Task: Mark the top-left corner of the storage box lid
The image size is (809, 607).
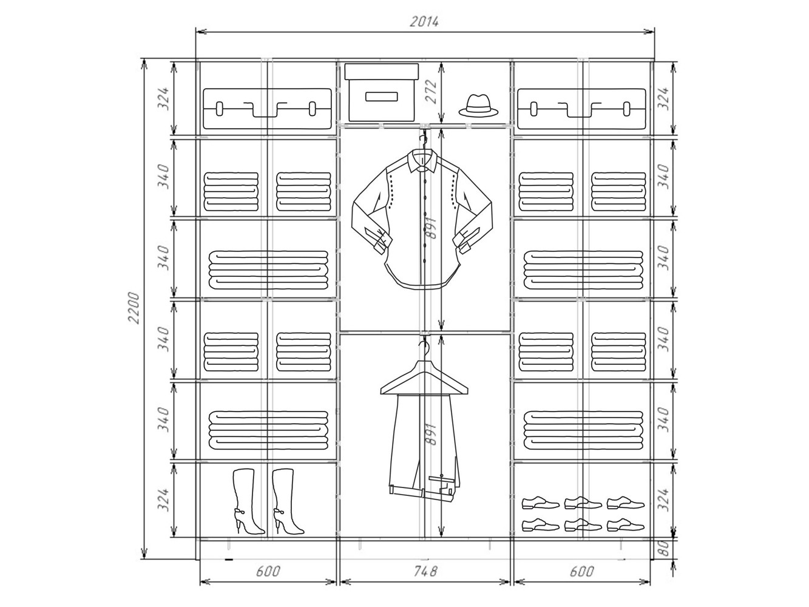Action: (345, 64)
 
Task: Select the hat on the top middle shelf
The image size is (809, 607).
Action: (478, 106)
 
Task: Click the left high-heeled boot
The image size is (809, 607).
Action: (246, 501)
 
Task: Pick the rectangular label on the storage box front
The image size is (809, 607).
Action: (382, 97)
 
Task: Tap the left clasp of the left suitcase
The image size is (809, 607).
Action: (219, 109)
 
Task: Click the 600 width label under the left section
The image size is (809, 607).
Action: (268, 571)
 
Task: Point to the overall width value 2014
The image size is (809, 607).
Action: (424, 22)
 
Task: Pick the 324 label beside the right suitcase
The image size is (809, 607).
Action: (663, 98)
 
